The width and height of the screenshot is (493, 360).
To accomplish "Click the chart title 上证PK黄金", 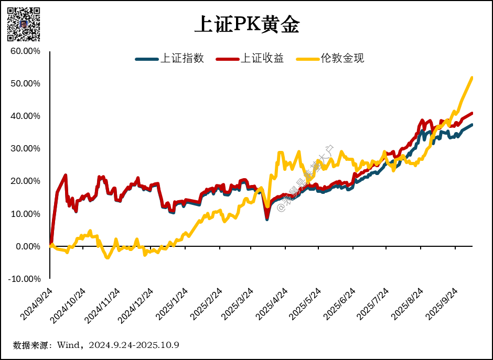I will click(246, 25).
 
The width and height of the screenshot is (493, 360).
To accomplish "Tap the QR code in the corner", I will click(24, 24).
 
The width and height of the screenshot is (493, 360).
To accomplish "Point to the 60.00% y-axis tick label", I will click(25, 51).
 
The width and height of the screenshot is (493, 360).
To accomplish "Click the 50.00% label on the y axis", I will click(25, 84).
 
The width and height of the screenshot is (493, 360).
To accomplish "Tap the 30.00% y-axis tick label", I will click(25, 149).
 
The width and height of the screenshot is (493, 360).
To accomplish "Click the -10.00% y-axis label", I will click(24, 279).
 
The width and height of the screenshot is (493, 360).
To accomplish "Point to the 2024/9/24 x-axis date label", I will click(36, 304).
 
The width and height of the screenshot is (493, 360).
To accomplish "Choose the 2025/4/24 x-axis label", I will click(271, 304).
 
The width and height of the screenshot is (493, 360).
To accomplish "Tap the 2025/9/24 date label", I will click(444, 304).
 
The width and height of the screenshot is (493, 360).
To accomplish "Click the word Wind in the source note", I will click(68, 345).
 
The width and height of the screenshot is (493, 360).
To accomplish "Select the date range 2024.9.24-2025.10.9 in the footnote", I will click(134, 345).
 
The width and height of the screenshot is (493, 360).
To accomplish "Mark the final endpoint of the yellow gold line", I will click(472, 78).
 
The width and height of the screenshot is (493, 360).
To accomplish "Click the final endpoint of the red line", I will click(472, 113).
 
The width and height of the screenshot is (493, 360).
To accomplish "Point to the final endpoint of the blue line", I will click(472, 125).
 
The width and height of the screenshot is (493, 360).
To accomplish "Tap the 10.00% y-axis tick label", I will click(25, 214).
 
